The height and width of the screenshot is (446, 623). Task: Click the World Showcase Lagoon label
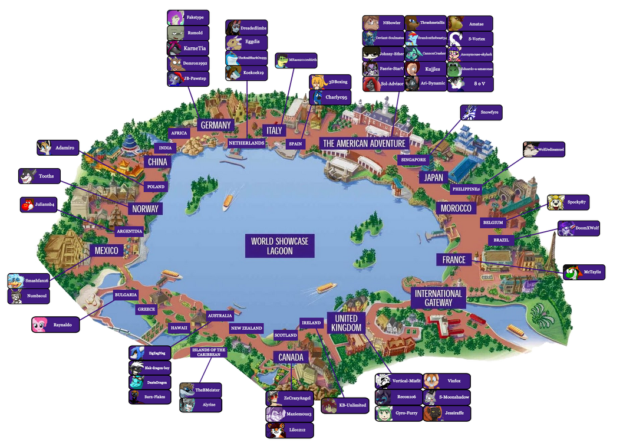click(x=279, y=245)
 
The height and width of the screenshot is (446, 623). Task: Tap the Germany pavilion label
click(x=215, y=125)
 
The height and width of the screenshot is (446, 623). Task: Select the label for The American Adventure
click(x=364, y=143)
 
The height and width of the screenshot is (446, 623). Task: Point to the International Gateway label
click(x=439, y=298)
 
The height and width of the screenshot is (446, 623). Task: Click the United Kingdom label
click(x=346, y=323)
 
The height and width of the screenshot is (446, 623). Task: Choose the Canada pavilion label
click(x=291, y=358)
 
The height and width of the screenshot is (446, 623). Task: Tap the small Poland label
click(x=156, y=186)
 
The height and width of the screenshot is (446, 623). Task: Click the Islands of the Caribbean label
click(x=209, y=352)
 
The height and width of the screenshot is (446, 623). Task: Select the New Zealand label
click(x=246, y=328)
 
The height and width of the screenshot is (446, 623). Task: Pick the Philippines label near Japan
click(x=467, y=189)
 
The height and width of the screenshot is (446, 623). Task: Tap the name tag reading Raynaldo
click(x=62, y=324)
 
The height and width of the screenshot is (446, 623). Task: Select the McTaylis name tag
click(x=592, y=273)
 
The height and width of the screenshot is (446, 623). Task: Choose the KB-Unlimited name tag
click(x=352, y=405)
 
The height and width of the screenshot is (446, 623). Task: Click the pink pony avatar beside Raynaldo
click(x=40, y=324)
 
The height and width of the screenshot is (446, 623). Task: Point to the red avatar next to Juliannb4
click(x=27, y=205)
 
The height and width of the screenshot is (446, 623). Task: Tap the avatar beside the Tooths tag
click(x=27, y=176)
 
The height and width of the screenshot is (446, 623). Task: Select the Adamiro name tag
click(x=65, y=147)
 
